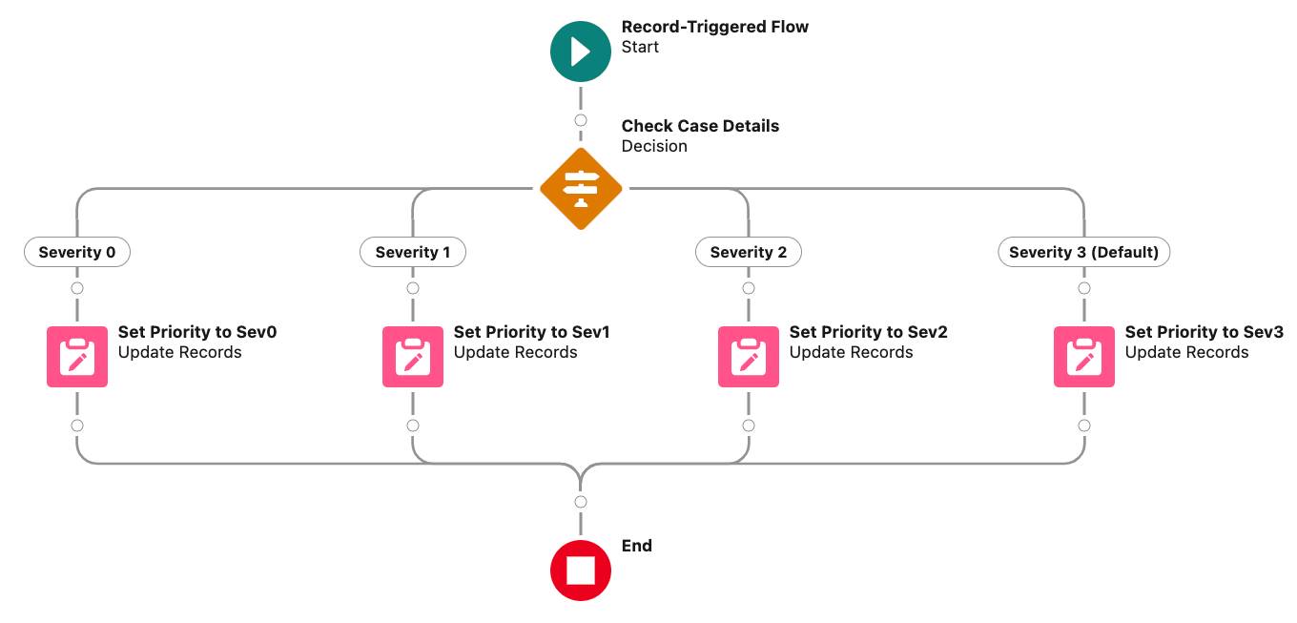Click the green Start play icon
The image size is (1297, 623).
(x=580, y=52)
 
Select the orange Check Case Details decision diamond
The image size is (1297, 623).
(x=580, y=189)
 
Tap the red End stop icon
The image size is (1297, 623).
(x=580, y=571)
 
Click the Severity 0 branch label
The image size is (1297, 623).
(x=76, y=252)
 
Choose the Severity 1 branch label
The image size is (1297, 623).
(x=412, y=252)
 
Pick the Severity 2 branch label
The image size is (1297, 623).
(x=748, y=252)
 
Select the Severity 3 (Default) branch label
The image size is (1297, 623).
(x=1083, y=252)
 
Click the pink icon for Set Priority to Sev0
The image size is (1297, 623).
(x=76, y=357)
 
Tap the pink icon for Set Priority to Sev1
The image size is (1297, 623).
(x=412, y=357)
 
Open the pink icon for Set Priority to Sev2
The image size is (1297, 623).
(x=748, y=357)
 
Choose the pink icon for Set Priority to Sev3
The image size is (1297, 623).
(x=1083, y=357)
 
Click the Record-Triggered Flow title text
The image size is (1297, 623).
(x=714, y=27)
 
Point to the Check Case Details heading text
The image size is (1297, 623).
(x=700, y=126)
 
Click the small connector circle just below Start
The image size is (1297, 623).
(x=580, y=120)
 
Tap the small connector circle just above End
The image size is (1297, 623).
(x=580, y=502)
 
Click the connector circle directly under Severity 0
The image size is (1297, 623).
(x=76, y=288)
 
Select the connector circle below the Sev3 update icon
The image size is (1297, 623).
(x=1083, y=426)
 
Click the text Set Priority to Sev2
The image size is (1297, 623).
(x=868, y=332)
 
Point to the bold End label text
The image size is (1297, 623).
(x=636, y=546)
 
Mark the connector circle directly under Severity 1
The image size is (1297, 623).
(x=412, y=288)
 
